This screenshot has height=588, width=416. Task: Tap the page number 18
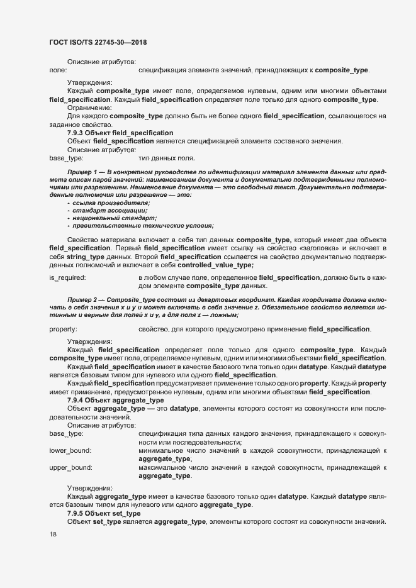[53, 535]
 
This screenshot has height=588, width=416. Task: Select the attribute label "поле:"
[58, 69]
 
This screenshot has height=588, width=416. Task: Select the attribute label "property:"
[63, 330]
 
